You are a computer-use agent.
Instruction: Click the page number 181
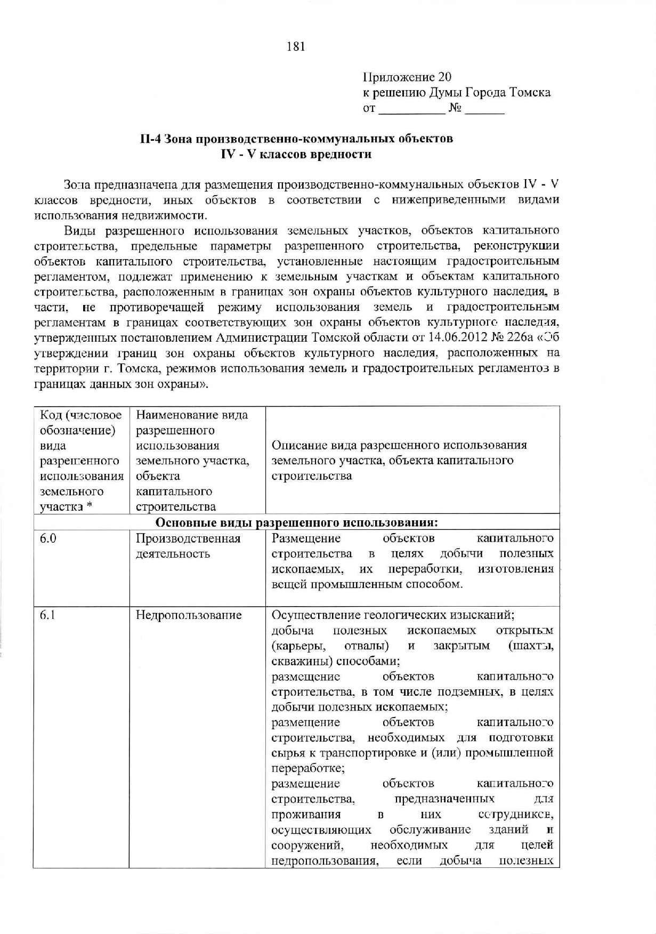click(296, 46)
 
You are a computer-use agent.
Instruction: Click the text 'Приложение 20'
click(407, 77)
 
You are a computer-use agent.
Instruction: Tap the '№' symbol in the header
click(455, 109)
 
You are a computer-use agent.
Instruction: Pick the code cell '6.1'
click(48, 615)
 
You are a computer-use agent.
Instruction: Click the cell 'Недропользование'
click(189, 615)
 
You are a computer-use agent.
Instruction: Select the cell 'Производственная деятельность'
click(188, 546)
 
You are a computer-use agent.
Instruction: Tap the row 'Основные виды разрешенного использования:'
click(296, 522)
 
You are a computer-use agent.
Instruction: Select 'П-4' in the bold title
click(151, 139)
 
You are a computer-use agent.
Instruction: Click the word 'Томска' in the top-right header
click(530, 93)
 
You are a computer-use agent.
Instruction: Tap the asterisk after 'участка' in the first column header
click(90, 506)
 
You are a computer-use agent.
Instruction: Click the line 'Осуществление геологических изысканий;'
click(393, 615)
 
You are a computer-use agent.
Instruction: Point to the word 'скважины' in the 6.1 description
click(295, 662)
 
